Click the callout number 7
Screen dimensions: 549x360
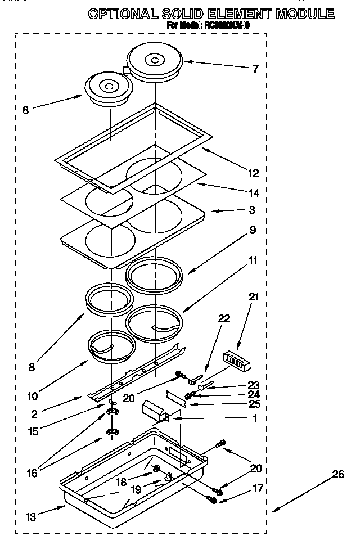(256, 69)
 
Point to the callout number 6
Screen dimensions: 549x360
(25, 111)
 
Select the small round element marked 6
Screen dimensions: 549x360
(109, 87)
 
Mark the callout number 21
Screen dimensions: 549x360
(254, 297)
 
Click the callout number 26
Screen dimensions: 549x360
(337, 474)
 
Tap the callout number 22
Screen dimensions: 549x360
(224, 318)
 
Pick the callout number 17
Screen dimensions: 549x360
(258, 489)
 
